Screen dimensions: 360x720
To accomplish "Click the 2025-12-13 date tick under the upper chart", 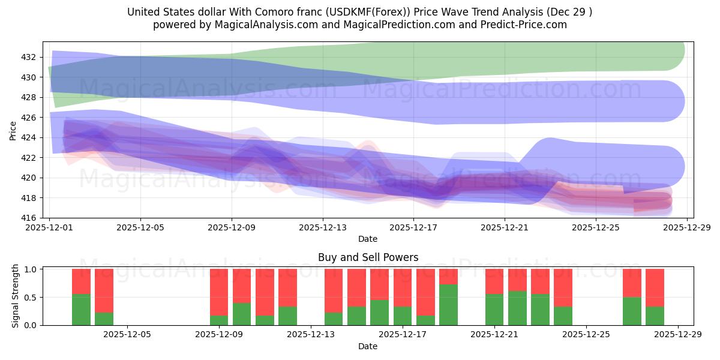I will coord(322,227).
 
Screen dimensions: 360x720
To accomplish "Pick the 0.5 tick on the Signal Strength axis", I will coord(31,297).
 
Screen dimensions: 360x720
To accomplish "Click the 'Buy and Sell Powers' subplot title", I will coord(368,257).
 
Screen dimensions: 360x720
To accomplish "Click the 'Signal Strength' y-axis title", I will coord(16,296).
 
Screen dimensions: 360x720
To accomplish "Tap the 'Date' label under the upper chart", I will coord(368,239).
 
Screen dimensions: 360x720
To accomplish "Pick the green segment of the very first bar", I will coord(81,310).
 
